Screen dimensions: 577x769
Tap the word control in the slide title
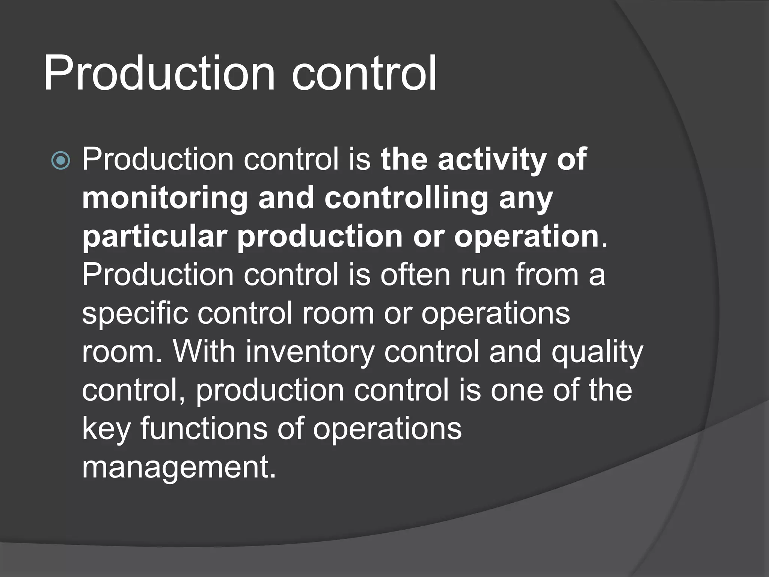(x=363, y=73)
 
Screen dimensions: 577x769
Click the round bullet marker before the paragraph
(x=60, y=161)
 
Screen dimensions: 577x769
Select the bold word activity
(x=492, y=160)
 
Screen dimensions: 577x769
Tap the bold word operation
(x=526, y=237)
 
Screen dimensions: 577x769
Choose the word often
(x=415, y=275)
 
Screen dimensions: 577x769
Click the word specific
(x=135, y=314)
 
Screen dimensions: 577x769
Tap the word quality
(x=597, y=352)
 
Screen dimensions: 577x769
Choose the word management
(x=179, y=467)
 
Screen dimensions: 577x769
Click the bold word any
(x=526, y=198)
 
